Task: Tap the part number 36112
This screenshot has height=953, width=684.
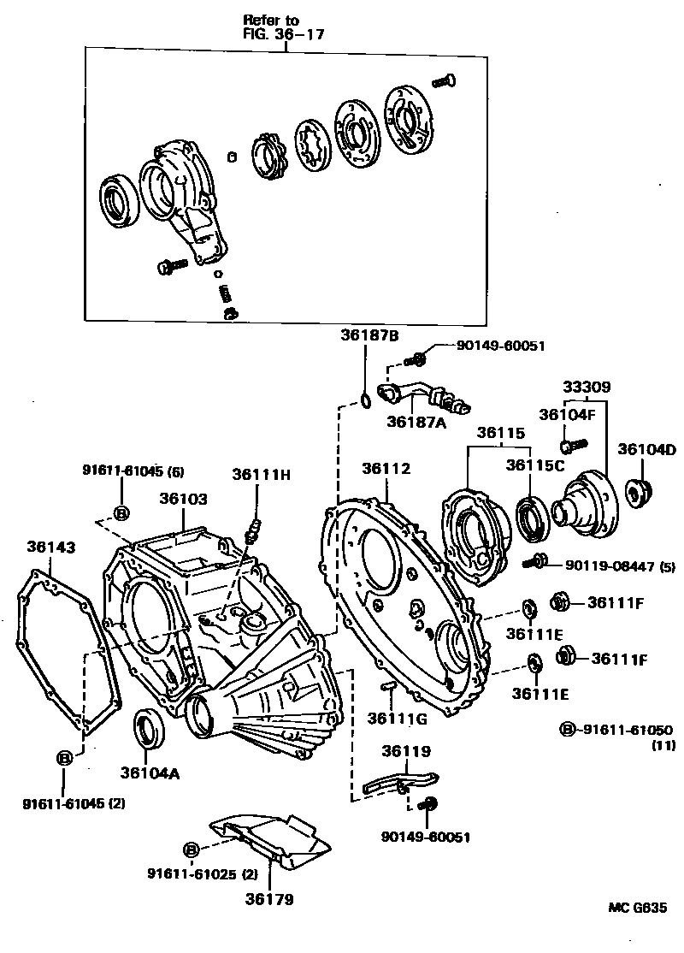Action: pos(386,468)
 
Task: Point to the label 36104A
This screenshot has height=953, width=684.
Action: pos(149,772)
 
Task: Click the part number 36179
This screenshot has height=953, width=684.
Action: pos(269,899)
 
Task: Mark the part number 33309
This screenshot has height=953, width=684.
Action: pos(586,387)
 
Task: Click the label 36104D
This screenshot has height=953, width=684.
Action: pos(646,449)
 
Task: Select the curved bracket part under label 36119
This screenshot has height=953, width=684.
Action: pos(398,781)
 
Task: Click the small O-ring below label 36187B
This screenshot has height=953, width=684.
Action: pos(365,399)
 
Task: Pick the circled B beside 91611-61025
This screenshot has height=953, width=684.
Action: pos(191,849)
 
